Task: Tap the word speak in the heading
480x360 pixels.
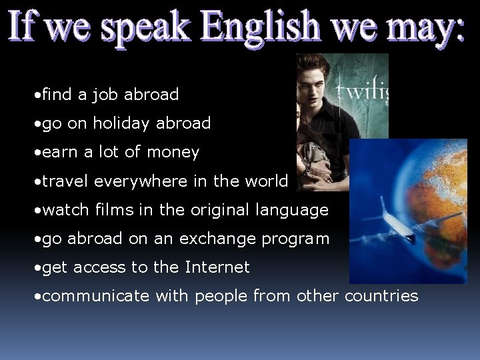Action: click(x=151, y=30)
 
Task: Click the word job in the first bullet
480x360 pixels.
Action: click(x=105, y=95)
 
